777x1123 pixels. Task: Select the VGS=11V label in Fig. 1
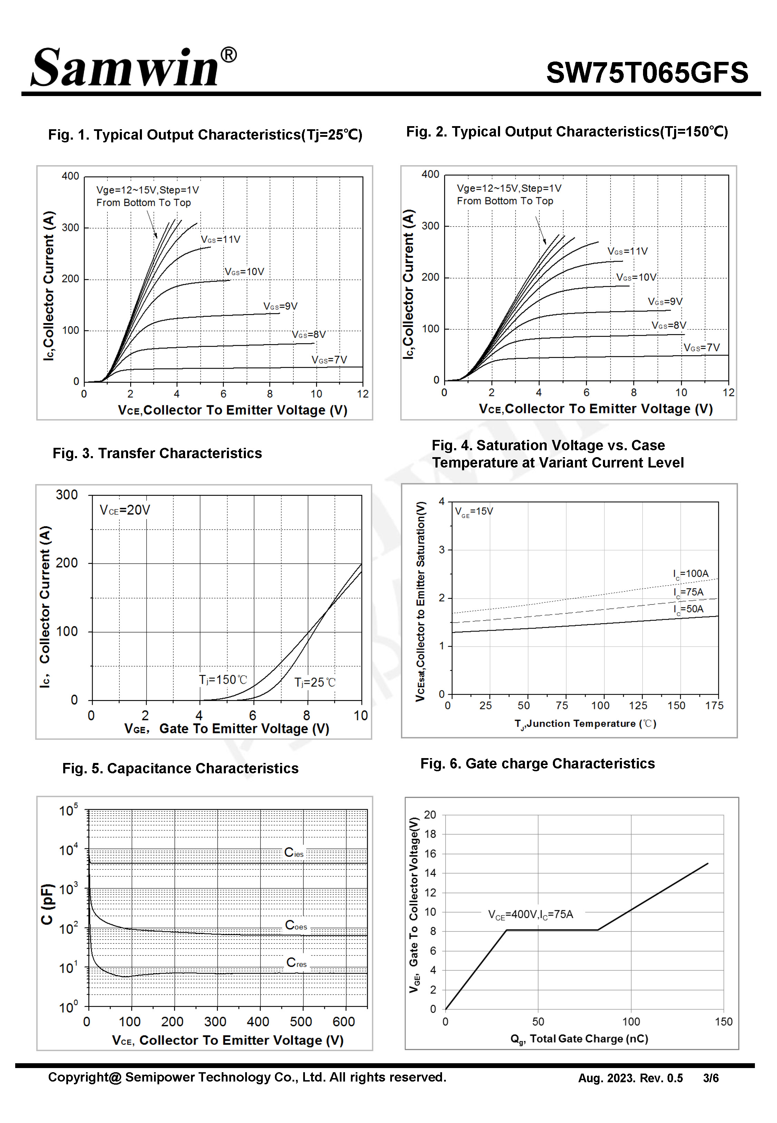click(221, 239)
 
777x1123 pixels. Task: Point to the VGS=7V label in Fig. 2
click(701, 348)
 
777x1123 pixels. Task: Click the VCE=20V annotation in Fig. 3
click(125, 510)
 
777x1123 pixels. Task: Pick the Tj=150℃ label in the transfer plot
click(223, 680)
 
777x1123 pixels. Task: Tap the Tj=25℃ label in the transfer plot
click(315, 683)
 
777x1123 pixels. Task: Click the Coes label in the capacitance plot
click(296, 925)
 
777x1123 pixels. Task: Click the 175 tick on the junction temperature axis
click(714, 706)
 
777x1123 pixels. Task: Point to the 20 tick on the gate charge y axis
click(430, 815)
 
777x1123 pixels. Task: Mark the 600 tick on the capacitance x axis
click(343, 1022)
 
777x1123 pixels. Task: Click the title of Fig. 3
click(157, 453)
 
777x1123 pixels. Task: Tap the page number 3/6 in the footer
click(710, 1078)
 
